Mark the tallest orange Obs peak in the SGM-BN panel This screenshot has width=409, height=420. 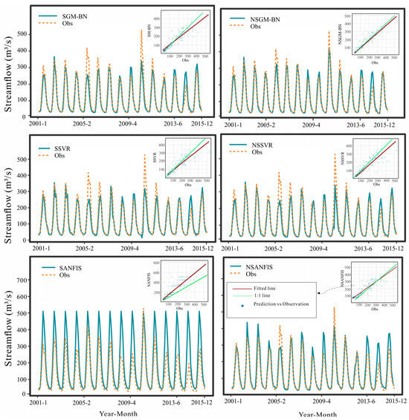point(142,31)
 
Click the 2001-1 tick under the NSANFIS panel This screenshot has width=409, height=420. point(237,400)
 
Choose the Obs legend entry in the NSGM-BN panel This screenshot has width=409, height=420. point(261,27)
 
